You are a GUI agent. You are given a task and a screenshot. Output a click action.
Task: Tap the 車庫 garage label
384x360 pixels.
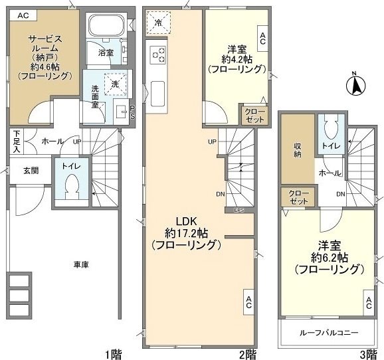[x=81, y=264]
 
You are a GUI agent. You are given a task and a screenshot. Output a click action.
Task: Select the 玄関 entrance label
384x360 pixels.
[x=31, y=171]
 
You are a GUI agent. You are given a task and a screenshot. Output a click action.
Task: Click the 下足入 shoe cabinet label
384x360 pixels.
[x=16, y=141]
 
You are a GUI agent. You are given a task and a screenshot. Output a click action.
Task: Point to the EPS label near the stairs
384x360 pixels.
[x=239, y=211]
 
